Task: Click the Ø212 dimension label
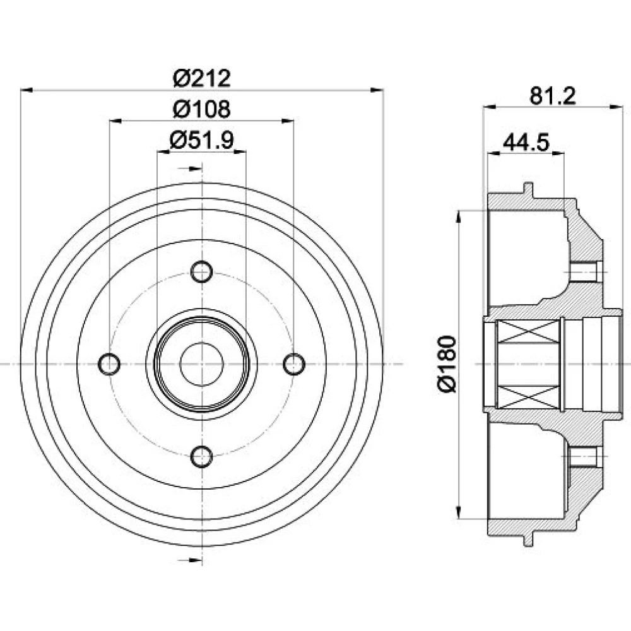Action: click(202, 78)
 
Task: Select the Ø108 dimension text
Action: click(202, 109)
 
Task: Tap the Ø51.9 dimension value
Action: click(202, 141)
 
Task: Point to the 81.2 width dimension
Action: click(553, 96)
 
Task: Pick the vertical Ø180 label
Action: click(447, 364)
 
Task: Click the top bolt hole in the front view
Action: click(202, 272)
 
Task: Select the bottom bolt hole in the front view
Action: click(202, 456)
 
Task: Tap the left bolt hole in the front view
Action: click(109, 364)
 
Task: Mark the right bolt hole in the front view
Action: click(294, 364)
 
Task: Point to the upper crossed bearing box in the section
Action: click(529, 332)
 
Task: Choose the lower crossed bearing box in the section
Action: click(529, 396)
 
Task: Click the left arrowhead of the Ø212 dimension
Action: click(27, 90)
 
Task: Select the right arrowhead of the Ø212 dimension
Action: click(377, 90)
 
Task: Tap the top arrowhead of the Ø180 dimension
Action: click(459, 216)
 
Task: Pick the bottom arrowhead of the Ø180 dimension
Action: click(459, 512)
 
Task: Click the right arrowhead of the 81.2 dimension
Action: click(616, 107)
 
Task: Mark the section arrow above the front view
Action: click(195, 168)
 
